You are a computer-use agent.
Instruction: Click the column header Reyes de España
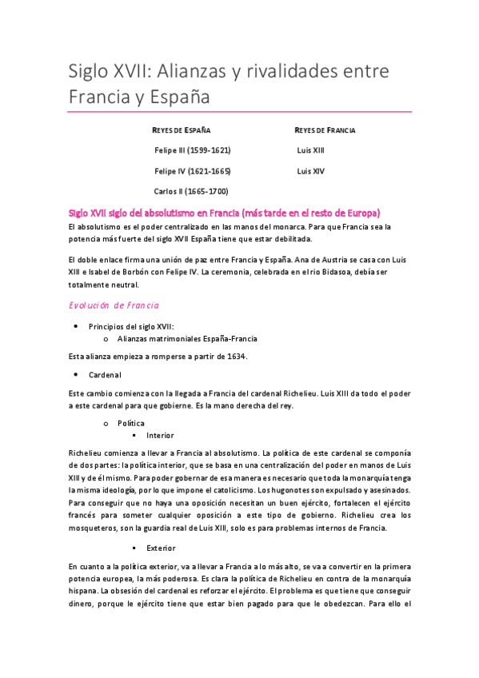click(x=182, y=130)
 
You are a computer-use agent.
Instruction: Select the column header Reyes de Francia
click(x=325, y=130)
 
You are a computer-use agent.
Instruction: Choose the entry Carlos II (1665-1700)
click(x=190, y=192)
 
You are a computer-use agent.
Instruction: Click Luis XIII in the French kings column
click(x=310, y=150)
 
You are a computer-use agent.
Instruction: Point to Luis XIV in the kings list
click(x=310, y=171)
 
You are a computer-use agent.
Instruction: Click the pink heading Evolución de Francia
click(x=114, y=305)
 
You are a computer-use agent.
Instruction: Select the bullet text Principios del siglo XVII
click(x=131, y=326)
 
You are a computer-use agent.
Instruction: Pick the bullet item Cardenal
click(x=105, y=374)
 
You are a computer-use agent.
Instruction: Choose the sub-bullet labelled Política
click(x=131, y=422)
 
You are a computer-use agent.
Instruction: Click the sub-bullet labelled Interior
click(x=160, y=435)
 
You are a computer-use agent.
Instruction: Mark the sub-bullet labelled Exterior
click(x=161, y=548)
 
